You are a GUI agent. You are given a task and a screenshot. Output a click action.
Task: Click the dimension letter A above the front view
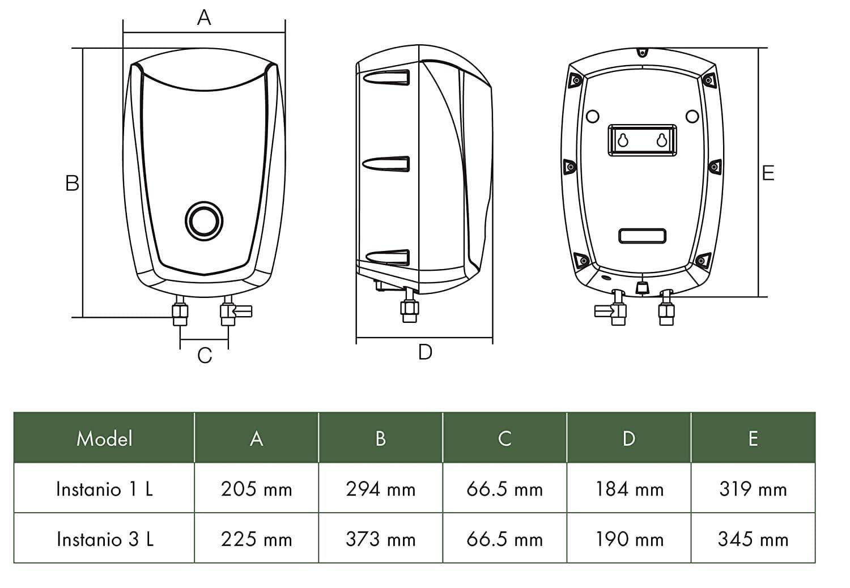coord(204,18)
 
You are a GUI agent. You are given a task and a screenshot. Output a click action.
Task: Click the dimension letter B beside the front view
coord(72,184)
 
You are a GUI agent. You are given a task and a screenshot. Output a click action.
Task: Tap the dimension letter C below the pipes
coord(205,356)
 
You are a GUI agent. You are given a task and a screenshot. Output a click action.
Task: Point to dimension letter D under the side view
coord(425,352)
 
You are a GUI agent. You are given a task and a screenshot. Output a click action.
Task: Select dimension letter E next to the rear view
coord(768,173)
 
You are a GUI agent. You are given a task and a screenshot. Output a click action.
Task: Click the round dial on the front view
coord(204,221)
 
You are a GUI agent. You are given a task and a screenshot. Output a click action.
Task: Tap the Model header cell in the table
coord(104,438)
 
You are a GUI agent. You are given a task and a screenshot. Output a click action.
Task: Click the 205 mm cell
coord(256,489)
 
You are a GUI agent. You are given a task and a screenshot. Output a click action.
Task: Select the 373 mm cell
coord(380,539)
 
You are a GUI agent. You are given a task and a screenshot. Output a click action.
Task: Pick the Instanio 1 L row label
coord(104,489)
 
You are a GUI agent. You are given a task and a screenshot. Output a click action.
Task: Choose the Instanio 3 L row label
coord(104,539)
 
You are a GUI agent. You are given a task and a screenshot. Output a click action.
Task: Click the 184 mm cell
coord(629,489)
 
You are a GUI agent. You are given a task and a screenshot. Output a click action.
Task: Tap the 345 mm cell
coord(753,539)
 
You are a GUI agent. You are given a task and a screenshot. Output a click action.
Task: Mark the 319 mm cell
coord(753,489)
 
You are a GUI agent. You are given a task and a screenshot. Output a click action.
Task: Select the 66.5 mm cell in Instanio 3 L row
coord(504,539)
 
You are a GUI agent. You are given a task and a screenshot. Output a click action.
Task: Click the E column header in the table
coord(753,438)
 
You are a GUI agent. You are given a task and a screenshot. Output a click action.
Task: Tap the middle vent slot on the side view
coord(386,164)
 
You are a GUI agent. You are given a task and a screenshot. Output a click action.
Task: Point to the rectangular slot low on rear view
coord(642,236)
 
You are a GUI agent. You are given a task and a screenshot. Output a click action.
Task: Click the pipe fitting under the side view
coord(409,309)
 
